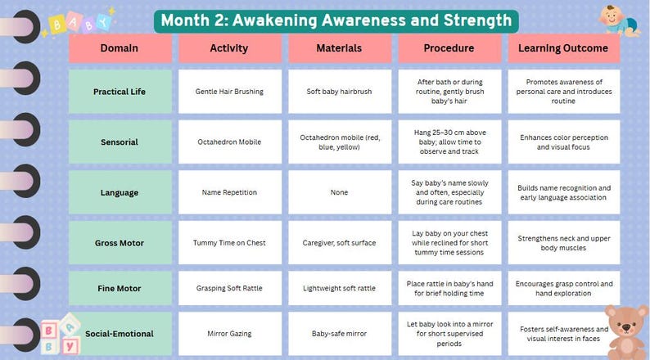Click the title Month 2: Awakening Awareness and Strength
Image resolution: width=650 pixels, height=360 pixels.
tap(336, 20)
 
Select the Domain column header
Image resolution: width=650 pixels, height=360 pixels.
tap(120, 48)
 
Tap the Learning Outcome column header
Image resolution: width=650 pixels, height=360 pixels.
tap(564, 48)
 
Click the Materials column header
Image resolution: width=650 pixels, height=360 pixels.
tap(340, 48)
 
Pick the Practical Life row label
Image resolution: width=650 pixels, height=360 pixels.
tap(120, 92)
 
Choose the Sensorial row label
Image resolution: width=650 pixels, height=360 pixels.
tap(120, 142)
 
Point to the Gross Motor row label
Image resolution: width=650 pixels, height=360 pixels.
tap(120, 243)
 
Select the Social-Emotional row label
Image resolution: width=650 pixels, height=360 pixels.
tap(120, 334)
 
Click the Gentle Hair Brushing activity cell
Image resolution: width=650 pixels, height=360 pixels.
tap(230, 92)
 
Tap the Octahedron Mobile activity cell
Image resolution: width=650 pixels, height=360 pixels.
tap(230, 142)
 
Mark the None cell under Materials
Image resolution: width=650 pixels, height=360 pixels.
tap(340, 192)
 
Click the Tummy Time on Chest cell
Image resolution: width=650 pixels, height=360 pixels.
tap(230, 243)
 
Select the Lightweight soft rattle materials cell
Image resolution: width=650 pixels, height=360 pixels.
tap(340, 288)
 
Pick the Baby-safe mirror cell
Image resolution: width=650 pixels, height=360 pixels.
tap(340, 334)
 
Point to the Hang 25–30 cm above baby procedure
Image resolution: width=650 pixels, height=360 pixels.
tap(449, 142)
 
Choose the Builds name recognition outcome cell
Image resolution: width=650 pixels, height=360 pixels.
tap(564, 192)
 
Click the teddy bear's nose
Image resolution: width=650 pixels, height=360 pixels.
tap(626, 328)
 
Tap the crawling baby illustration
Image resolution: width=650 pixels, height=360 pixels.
tap(619, 20)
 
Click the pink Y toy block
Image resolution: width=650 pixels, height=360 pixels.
tap(70, 346)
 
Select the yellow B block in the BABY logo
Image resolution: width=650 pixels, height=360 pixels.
tap(56, 25)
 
